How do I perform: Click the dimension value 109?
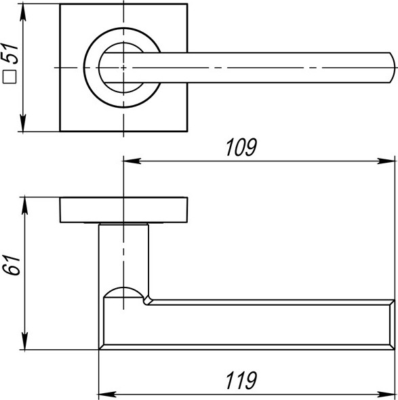[x=243, y=148]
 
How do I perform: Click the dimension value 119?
[x=243, y=380]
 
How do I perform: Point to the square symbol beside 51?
[x=9, y=79]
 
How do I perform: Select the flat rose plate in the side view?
[x=124, y=209]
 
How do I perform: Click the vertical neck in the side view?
[x=124, y=254]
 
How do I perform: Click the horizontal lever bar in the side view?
[x=258, y=324]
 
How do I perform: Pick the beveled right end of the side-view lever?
[x=391, y=324]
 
